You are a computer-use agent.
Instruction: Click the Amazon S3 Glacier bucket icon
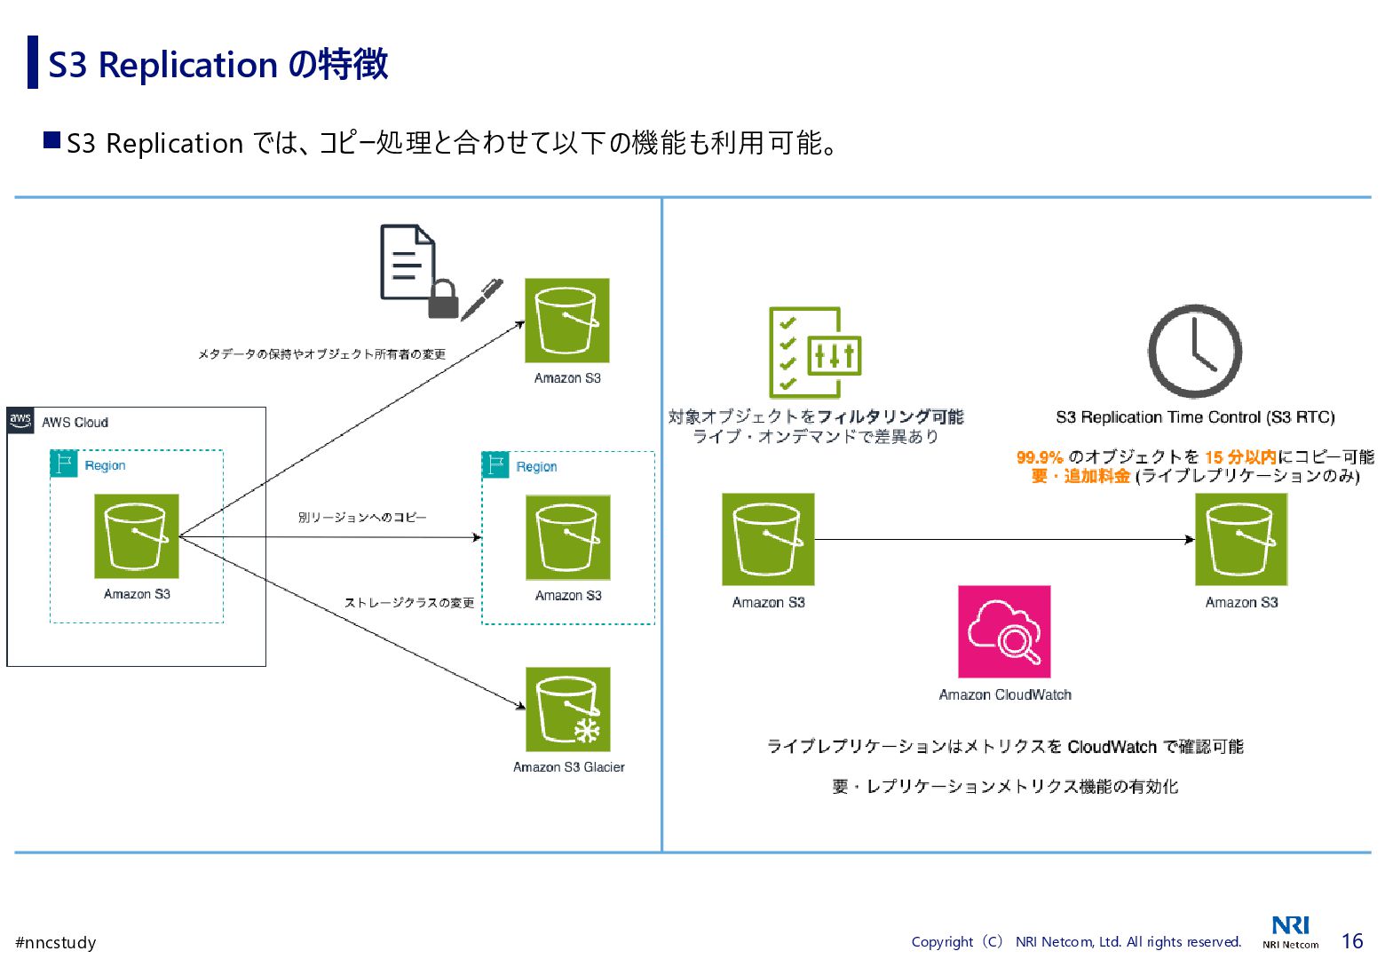pos(568,709)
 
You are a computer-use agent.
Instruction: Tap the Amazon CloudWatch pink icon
pos(1004,631)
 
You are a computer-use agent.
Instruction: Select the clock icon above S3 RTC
pos(1194,352)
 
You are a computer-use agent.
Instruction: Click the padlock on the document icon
pos(443,298)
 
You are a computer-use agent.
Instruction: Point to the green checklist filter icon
pos(814,353)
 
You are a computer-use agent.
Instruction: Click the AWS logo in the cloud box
pos(20,420)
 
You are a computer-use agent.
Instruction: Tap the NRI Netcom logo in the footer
pos(1290,931)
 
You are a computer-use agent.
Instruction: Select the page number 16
pos(1351,941)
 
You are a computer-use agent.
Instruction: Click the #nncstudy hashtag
pos(56,942)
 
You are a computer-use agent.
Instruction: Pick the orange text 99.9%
pos(1040,457)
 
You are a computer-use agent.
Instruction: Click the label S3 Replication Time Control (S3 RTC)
pos(1195,417)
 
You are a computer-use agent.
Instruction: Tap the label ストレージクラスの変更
pos(409,603)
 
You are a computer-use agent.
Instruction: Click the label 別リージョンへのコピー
pos(362,517)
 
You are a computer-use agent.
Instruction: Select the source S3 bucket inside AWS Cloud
pos(137,536)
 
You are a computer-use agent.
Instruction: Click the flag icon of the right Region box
pos(495,465)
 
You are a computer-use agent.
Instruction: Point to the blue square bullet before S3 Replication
pos(52,140)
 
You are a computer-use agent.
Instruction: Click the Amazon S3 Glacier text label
pos(568,767)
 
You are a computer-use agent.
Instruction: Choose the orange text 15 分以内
pos(1240,457)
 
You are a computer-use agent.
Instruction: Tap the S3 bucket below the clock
pos(1240,539)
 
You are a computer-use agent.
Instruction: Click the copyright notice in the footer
pos(1076,942)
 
